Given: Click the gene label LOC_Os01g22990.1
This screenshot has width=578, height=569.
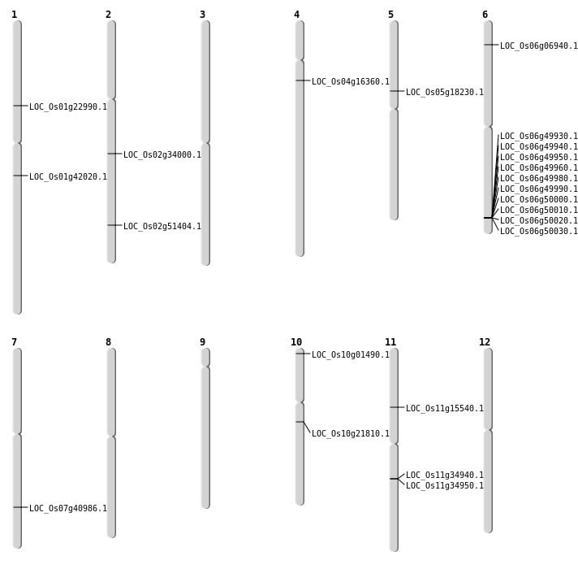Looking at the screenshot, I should pos(68,106).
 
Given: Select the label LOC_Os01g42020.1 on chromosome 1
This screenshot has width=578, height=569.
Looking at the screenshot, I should pos(68,176).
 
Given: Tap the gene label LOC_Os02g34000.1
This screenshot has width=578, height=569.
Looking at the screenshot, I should pos(162,154).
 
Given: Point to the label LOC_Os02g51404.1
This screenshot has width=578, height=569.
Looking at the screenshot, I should pos(162,226).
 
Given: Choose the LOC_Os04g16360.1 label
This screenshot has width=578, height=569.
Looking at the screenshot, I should pos(351,81).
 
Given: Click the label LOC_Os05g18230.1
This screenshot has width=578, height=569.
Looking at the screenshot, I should pos(445,92).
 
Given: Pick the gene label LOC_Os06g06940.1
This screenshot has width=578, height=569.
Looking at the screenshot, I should pos(539,46).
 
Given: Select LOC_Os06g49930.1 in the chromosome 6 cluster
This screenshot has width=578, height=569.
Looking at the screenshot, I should pos(539,136).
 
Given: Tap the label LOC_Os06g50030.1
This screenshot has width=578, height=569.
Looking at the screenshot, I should pos(539,231).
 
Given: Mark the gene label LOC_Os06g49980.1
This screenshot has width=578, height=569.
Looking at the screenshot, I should pos(539,178).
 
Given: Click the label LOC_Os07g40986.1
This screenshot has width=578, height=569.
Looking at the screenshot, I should pos(68,508).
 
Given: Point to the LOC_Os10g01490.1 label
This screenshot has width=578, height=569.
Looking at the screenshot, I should pos(351,354).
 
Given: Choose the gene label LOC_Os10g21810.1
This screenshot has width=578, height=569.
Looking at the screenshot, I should pos(351,433).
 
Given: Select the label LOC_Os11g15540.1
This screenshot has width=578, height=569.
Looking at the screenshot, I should pos(445,408).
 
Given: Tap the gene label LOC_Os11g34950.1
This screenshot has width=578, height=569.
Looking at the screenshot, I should pos(445,485).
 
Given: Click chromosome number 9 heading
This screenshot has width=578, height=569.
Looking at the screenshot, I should pos(202,342).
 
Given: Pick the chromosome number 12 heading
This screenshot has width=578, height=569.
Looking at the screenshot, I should pos(485,342).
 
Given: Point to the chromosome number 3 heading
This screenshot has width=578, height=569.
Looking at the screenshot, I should pos(202,15).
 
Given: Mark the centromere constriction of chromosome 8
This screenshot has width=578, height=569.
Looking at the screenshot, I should pos(111,437).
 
